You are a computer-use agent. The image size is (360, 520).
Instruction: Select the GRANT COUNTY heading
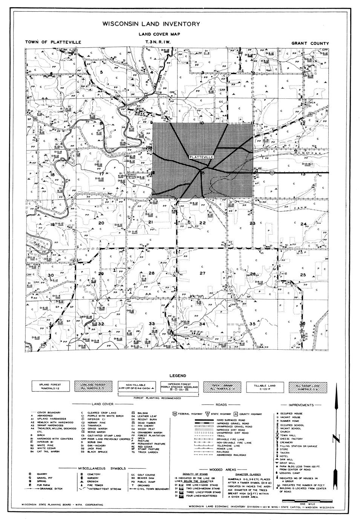(x=310, y=43)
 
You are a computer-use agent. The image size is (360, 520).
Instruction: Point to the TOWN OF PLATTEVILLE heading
(x=53, y=42)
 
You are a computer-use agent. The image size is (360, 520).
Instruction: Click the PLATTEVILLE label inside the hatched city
(x=202, y=156)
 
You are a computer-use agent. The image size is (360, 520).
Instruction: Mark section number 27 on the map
(x=202, y=273)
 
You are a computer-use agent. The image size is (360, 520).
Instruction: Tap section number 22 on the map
(x=202, y=223)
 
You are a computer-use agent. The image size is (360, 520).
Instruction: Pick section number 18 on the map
(x=52, y=175)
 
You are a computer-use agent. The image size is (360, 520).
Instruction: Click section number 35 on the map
(x=253, y=324)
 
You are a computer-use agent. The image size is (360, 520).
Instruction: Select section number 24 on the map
(x=303, y=224)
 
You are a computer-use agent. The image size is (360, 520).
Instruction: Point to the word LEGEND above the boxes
(x=178, y=376)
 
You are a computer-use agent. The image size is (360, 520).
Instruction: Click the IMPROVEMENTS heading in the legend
(x=302, y=405)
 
